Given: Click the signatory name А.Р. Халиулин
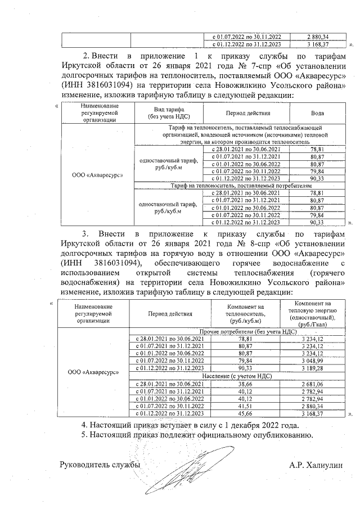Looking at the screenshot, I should tap(316, 465).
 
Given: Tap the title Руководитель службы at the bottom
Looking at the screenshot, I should tap(100, 465).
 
